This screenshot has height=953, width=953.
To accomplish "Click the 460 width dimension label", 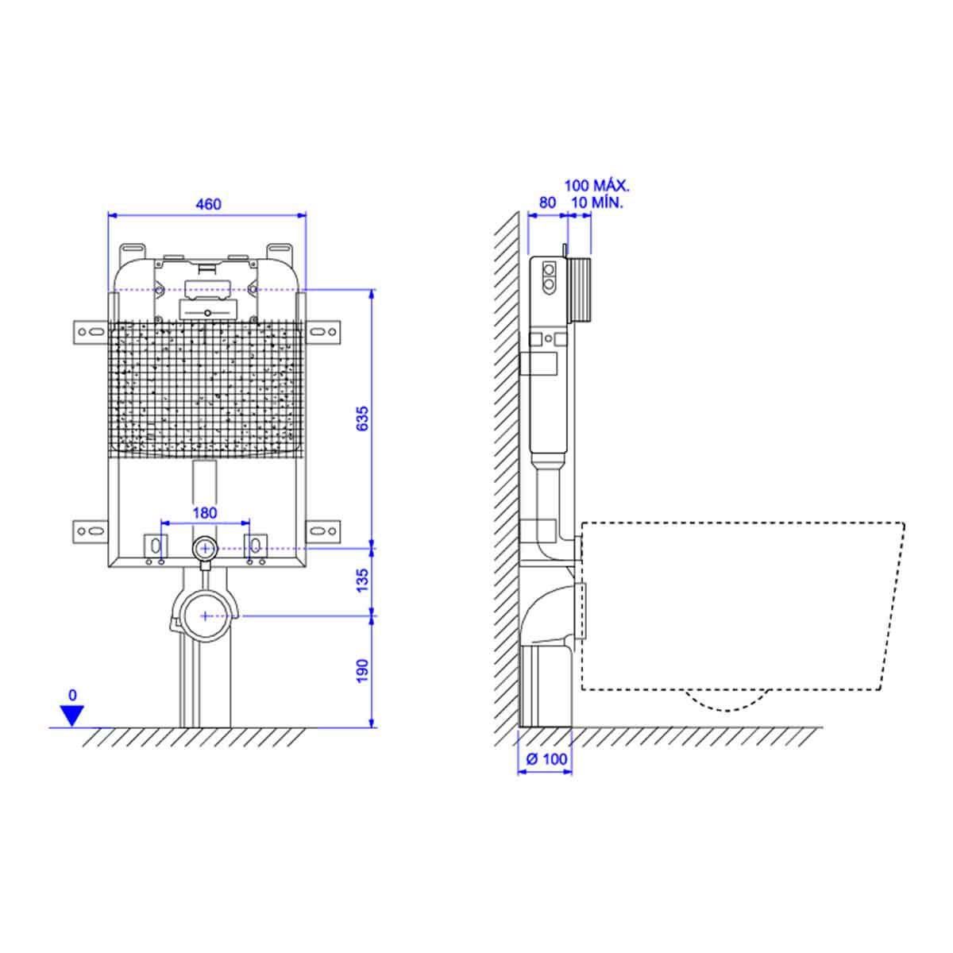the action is coord(208,204).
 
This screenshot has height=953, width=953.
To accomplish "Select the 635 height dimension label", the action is coord(362,419).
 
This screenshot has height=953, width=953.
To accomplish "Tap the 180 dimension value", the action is coord(205,513).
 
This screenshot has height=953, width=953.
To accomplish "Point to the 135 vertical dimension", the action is coord(362,580).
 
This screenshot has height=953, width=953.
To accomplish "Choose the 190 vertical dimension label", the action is coord(362,670).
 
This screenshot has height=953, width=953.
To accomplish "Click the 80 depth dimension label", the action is coord(547,203).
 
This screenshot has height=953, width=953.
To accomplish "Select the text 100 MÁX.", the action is coord(597,186).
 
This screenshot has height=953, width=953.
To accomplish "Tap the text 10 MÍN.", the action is coord(597,203).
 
